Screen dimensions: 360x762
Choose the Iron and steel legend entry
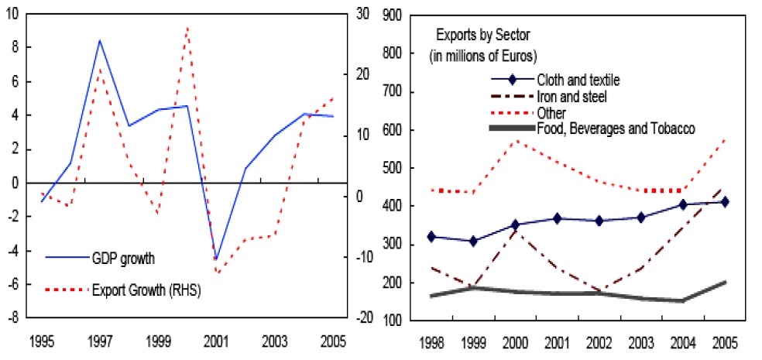coord(571,96)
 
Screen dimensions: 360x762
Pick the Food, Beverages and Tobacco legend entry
coord(616,129)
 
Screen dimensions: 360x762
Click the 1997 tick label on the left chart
coord(99,342)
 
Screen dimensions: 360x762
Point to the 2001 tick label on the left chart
coord(216,342)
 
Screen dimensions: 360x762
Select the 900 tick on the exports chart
coord(393,15)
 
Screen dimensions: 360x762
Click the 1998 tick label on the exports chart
coord(431,342)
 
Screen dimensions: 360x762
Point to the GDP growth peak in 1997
coord(99,40)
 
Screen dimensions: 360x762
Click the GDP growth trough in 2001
coord(216,259)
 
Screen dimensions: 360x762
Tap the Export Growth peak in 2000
coord(187,28)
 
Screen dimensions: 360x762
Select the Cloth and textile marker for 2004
coord(682,204)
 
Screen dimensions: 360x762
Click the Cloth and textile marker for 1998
coord(431,237)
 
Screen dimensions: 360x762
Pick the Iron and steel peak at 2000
coord(515,230)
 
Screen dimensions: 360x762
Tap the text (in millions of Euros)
coord(483,56)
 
